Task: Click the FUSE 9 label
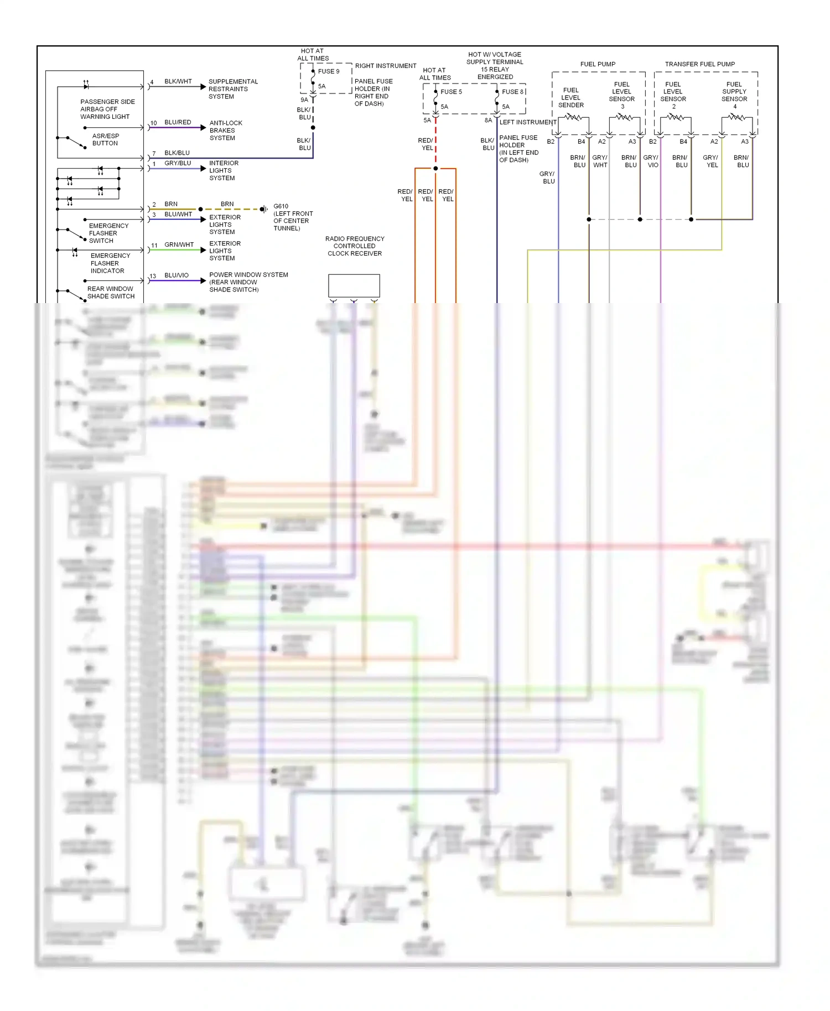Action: pos(328,71)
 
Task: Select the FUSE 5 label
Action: pos(451,92)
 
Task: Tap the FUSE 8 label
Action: pos(512,92)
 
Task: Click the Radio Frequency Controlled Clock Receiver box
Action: pos(354,286)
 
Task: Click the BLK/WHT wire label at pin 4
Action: pos(178,81)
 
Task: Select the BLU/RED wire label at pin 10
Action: pos(178,122)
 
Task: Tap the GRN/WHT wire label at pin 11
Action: pos(179,244)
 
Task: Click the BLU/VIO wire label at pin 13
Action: pos(177,275)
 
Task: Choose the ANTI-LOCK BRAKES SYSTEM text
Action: pos(226,131)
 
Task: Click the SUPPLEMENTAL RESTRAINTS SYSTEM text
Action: pos(232,89)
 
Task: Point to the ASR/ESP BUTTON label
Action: pos(105,139)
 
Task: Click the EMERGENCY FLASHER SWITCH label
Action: pos(108,233)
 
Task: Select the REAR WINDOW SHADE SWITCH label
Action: pos(111,293)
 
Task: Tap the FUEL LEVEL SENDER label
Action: pos(570,98)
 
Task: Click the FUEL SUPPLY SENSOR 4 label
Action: pos(734,95)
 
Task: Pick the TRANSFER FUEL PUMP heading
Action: pos(699,64)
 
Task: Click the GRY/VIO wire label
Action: pos(651,161)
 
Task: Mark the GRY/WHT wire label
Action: pos(600,161)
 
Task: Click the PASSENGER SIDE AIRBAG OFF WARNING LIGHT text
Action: pos(107,109)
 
